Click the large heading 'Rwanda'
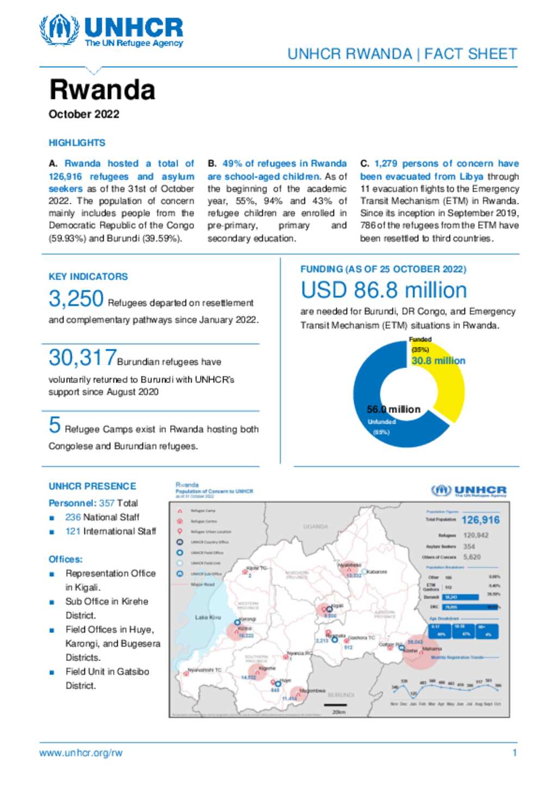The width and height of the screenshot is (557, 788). point(102,90)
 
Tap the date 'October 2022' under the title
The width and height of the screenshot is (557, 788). point(84,114)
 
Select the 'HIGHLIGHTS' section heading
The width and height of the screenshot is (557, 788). point(77,143)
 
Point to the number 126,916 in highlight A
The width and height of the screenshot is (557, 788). point(65,177)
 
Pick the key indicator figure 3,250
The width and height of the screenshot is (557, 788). point(76,299)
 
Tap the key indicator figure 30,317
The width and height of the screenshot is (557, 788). point(82,358)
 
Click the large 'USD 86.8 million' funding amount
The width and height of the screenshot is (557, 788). point(383,290)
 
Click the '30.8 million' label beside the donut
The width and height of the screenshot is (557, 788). point(438,361)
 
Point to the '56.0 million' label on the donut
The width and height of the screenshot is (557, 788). point(393,409)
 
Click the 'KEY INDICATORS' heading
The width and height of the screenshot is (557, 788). point(88,277)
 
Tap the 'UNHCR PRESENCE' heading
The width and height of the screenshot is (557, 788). point(92,486)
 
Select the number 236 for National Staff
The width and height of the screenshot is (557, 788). point(73,517)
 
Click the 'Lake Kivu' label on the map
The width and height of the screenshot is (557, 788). point(208,618)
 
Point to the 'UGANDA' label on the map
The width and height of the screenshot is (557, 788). point(315,526)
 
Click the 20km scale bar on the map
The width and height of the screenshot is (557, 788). point(336,706)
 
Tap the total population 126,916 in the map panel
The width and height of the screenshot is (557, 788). point(480,520)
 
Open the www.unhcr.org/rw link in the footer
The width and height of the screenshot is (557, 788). point(81,753)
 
